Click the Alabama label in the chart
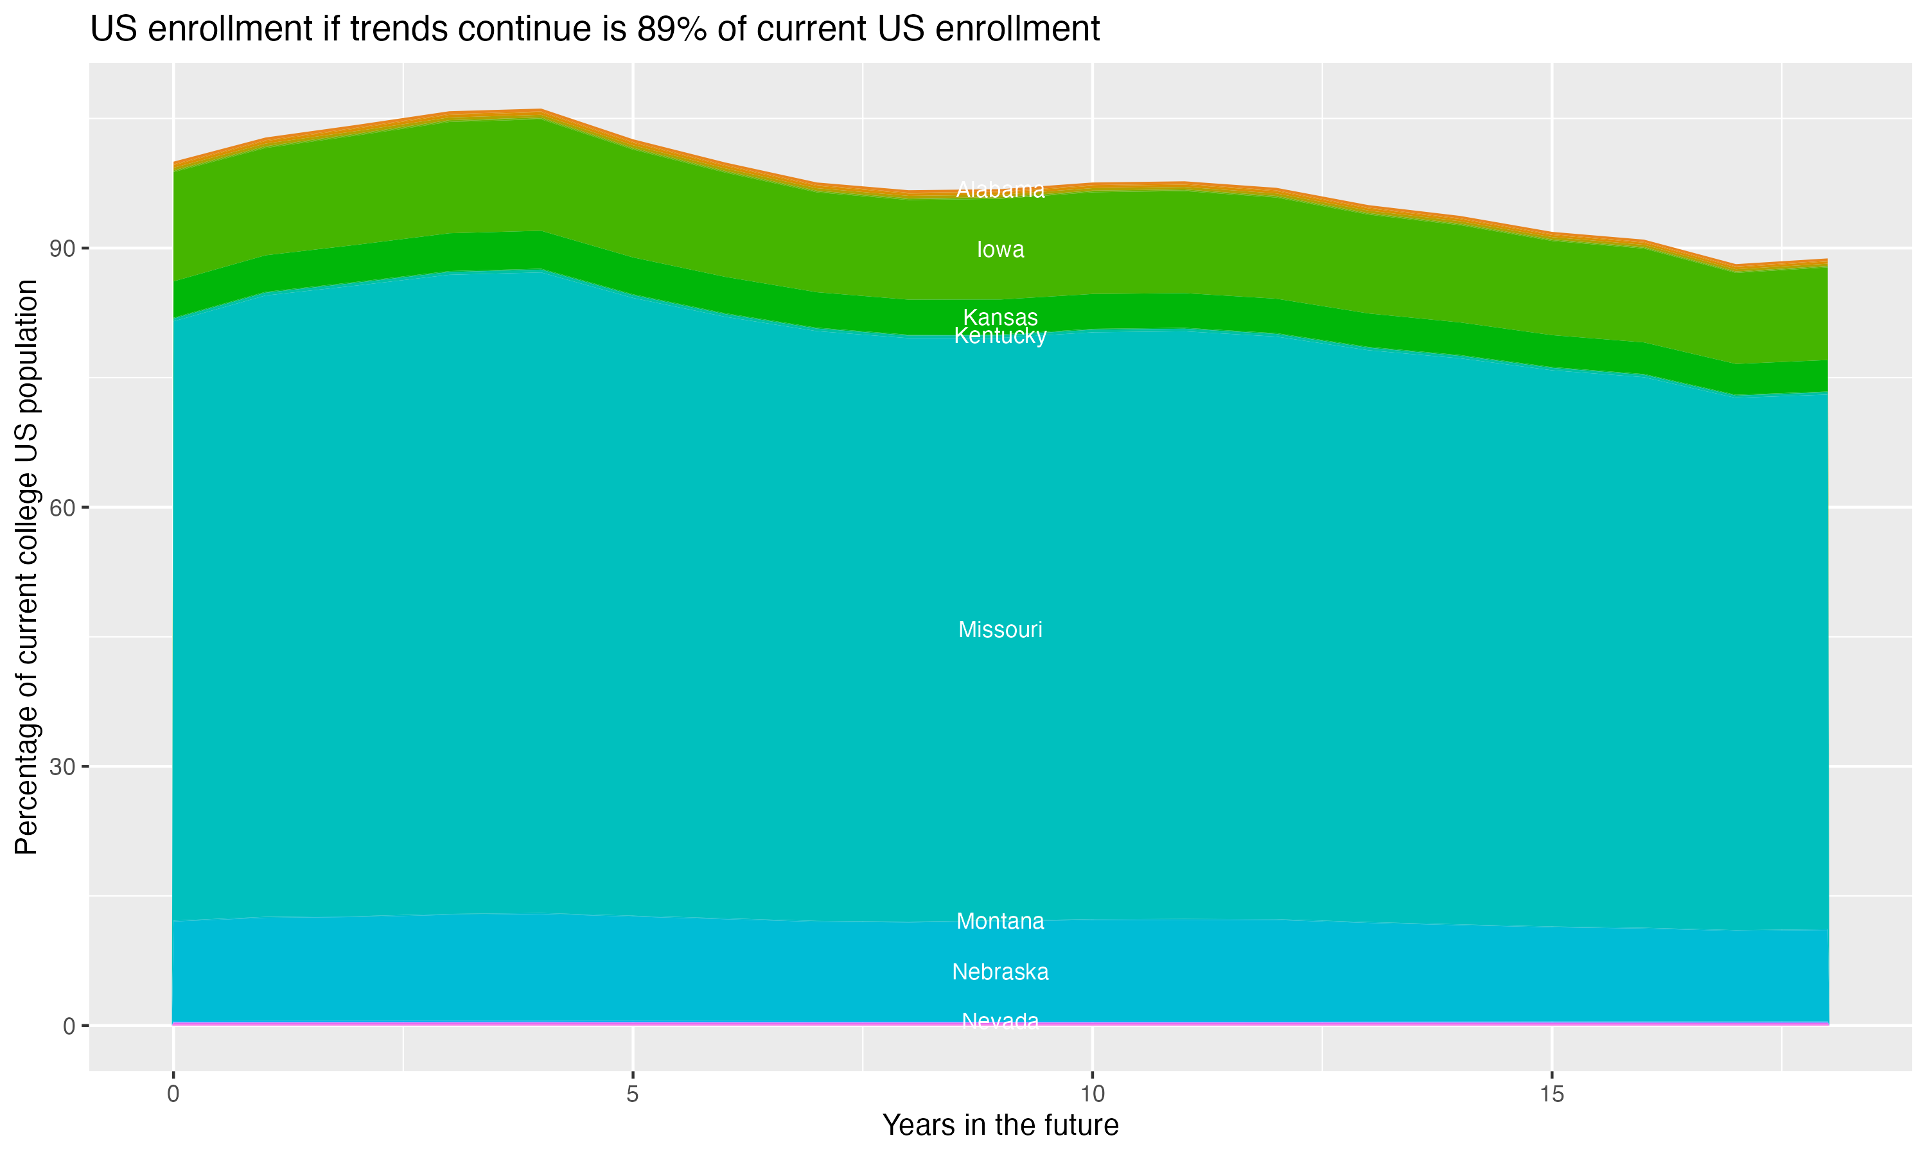(1000, 190)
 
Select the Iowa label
(1000, 249)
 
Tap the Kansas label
(1000, 317)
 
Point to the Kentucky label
(1000, 336)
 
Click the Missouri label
(1000, 629)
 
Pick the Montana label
(1000, 921)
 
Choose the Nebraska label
(1000, 972)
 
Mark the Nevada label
(1000, 1020)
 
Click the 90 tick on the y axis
(62, 249)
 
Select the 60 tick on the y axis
(62, 508)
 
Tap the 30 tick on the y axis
(62, 767)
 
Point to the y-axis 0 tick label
(69, 1026)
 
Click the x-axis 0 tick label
(173, 1094)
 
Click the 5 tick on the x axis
(633, 1094)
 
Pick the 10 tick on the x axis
(1092, 1094)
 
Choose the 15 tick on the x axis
(1552, 1094)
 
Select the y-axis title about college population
(26, 566)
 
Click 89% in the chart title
(671, 30)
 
